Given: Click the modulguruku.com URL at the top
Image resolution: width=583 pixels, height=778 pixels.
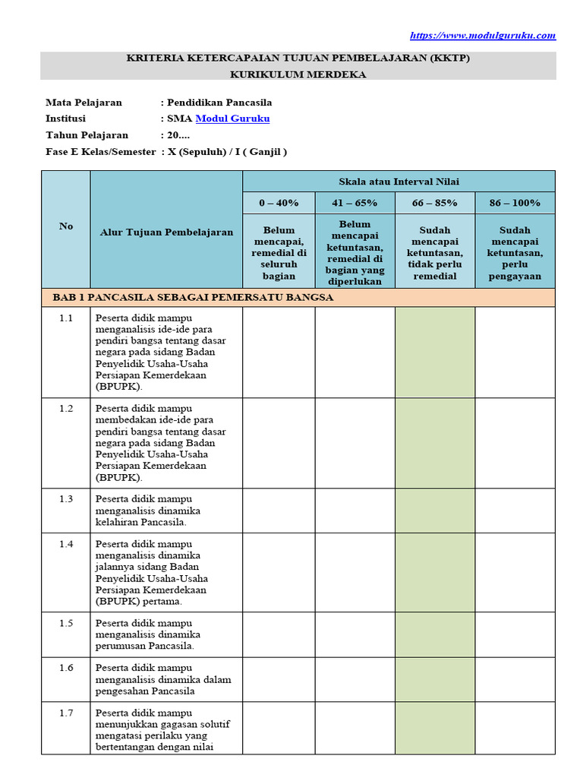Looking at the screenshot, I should click(483, 36).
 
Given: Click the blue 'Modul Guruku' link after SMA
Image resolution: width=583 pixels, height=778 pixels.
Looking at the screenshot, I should click(232, 119).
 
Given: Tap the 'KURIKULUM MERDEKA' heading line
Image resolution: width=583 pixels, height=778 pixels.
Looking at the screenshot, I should click(298, 74).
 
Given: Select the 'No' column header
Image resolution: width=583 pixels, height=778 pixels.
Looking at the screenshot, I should click(66, 226).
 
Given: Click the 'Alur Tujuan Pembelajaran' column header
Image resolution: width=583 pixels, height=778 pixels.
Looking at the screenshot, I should click(166, 232).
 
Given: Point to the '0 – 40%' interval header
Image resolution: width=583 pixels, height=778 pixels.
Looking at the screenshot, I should click(279, 203).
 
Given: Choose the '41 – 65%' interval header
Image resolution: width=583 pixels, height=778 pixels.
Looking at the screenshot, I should click(355, 203).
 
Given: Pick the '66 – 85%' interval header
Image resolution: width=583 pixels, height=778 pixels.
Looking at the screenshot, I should click(435, 203).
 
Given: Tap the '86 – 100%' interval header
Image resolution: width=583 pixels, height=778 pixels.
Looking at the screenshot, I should click(515, 203).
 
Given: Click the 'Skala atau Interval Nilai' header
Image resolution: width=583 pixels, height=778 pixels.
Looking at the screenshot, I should click(399, 181).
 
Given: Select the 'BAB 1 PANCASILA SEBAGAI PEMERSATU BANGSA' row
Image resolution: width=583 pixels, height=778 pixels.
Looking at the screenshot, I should click(193, 297).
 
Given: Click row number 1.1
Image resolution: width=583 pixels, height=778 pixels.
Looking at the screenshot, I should click(66, 318).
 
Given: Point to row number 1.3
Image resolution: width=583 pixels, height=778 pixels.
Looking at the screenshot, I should click(66, 499).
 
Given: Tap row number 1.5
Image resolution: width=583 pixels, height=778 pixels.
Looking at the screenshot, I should click(66, 623).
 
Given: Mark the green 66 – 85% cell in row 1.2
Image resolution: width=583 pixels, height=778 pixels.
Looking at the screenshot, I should click(435, 443).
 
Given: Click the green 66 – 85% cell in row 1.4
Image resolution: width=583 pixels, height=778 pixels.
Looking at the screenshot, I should click(435, 572).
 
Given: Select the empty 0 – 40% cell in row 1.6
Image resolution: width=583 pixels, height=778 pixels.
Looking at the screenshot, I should click(279, 679).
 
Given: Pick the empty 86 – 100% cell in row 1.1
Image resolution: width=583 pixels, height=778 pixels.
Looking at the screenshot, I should click(515, 353).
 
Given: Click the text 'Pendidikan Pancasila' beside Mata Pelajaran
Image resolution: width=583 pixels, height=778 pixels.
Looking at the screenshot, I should click(219, 103).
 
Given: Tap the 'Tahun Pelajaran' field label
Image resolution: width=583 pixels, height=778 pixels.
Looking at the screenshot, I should click(87, 135).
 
